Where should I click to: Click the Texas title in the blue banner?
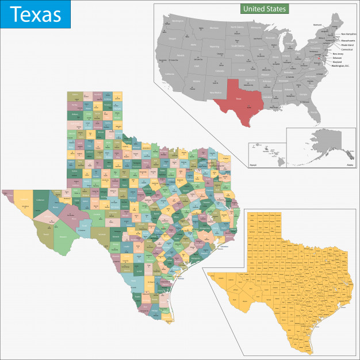(36, 14)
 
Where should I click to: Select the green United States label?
(264, 9)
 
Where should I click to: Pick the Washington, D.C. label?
(342, 66)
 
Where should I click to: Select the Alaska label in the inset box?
(350, 165)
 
